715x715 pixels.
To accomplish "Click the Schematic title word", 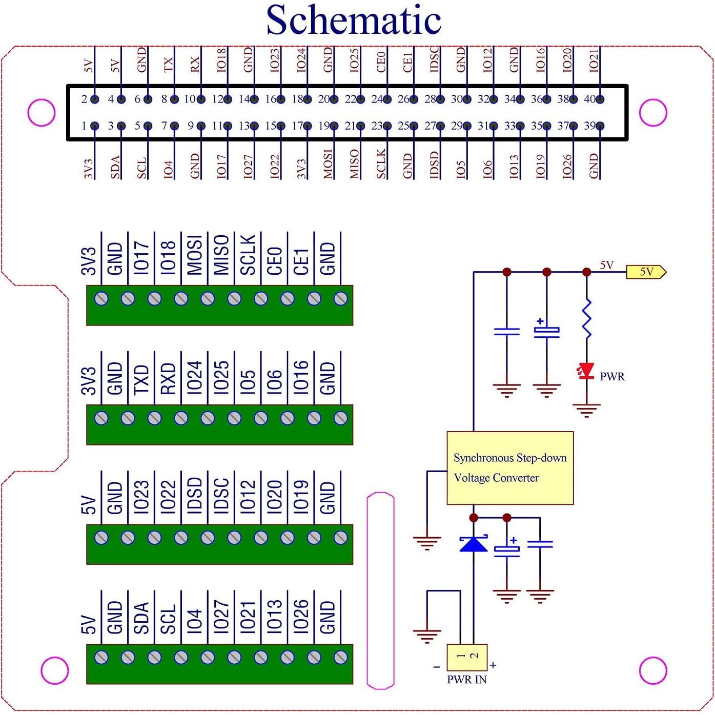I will (354, 21).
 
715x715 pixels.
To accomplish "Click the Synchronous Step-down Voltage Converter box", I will (510, 468).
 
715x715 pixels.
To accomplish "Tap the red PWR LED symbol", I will (586, 371).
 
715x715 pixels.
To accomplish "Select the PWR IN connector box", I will (467, 658).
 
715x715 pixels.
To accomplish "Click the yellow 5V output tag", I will (646, 272).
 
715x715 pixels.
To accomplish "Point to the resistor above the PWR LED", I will (587, 319).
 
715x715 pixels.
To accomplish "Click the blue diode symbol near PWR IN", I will (474, 544).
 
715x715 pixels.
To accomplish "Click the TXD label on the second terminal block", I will (141, 379).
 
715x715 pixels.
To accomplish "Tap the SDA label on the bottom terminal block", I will (141, 617).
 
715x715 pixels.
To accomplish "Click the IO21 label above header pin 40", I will (594, 60).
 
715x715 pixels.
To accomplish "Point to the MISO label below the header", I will (354, 164).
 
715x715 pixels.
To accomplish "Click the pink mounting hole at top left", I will (42, 112).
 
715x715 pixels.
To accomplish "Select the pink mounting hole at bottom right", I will (653, 670).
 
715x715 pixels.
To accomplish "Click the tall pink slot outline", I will (380, 590).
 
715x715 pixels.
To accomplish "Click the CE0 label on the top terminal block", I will (275, 260).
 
